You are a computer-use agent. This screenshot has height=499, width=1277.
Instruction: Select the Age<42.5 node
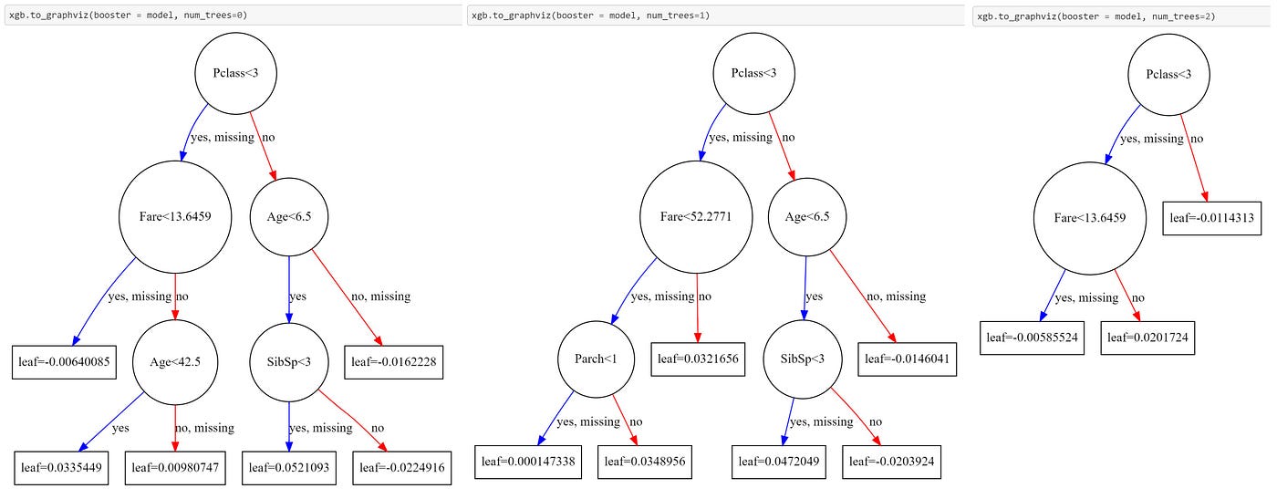pyautogui.click(x=174, y=361)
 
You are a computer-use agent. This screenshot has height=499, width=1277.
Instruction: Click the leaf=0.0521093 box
pyautogui.click(x=289, y=468)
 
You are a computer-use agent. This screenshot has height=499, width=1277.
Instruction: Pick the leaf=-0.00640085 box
pyautogui.click(x=61, y=361)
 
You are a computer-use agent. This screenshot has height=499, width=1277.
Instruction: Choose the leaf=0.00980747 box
pyautogui.click(x=175, y=468)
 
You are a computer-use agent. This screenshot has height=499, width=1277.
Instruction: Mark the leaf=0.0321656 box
pyautogui.click(x=698, y=359)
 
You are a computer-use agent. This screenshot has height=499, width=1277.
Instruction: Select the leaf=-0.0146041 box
pyautogui.click(x=906, y=359)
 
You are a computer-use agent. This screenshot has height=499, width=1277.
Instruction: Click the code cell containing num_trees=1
pyautogui.click(x=716, y=16)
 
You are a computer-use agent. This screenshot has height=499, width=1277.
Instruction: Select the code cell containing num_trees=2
pyautogui.click(x=1122, y=16)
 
